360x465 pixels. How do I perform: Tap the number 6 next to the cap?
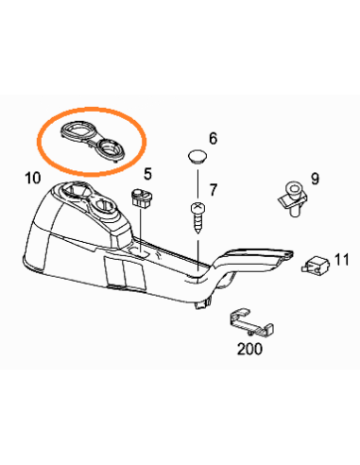tap(213, 138)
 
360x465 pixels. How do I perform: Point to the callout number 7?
tap(214, 190)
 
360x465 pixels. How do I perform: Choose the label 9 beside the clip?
tap(314, 177)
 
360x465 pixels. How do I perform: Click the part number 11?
tap(341, 258)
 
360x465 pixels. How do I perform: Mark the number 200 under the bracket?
tap(249, 347)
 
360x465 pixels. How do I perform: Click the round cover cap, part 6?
tap(197, 156)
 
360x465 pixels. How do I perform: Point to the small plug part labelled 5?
tap(143, 198)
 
